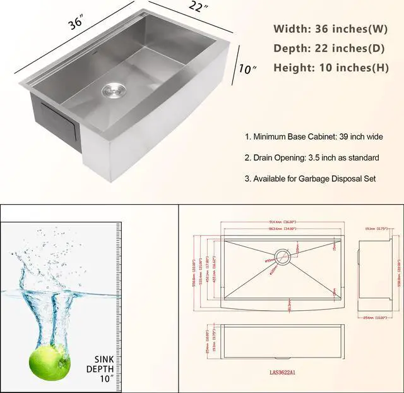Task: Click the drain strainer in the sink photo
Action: coord(114,90)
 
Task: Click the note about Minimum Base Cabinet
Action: coord(314,136)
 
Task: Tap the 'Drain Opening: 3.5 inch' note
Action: coord(312,157)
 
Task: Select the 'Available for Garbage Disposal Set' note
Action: coord(310,179)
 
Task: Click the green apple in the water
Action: coord(49,360)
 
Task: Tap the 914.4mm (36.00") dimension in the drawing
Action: coord(282,222)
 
